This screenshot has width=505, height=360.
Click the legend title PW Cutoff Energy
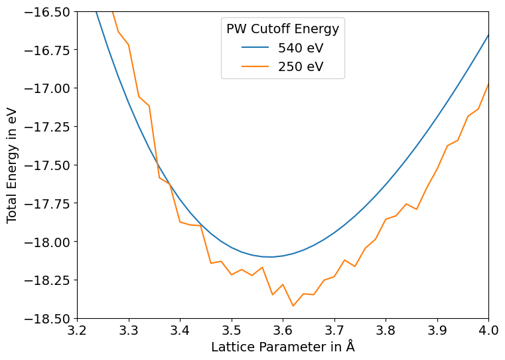coord(283,29)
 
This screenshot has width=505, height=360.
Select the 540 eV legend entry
coord(301,48)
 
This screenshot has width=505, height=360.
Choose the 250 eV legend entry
coord(301,66)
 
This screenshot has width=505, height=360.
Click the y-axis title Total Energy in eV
coord(13,165)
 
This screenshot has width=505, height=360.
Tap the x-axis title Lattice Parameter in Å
coord(283,347)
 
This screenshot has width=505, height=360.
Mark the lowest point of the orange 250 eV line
coord(293,306)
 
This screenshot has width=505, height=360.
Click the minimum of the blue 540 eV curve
coord(271,256)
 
